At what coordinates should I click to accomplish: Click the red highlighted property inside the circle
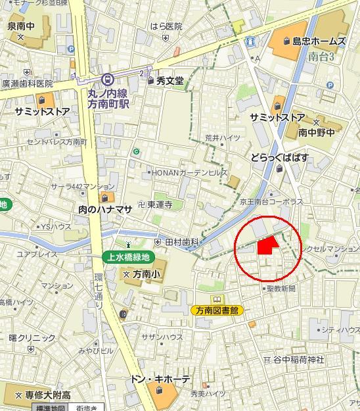click(267, 246)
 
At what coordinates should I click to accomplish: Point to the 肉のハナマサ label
click(106, 208)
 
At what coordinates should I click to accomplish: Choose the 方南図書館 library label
click(216, 310)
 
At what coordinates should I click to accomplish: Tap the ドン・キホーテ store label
click(160, 379)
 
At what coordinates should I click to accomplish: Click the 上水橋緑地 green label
click(129, 257)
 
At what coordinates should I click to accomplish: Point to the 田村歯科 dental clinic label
click(181, 243)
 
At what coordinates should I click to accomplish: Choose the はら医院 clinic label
click(166, 26)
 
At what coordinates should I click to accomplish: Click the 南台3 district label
click(321, 57)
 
